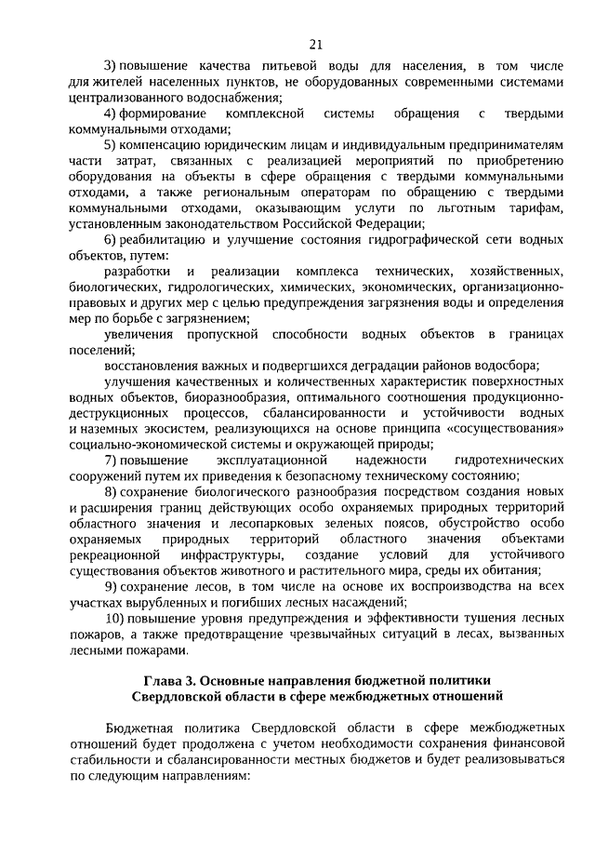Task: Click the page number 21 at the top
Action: coord(314,43)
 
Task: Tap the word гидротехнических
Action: coord(509,460)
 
